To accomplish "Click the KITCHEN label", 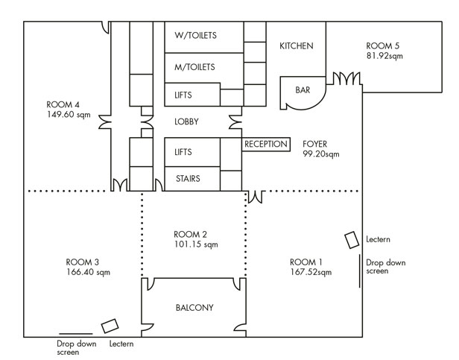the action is pos(297,46).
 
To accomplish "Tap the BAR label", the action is pos(303,90).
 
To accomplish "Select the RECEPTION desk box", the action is pos(266,145).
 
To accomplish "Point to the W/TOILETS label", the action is pos(195,36).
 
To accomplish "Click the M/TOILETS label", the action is pos(194,67).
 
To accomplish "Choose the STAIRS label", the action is pos(188,179).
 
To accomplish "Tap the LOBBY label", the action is pos(186,121).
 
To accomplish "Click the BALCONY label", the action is pos(194,308).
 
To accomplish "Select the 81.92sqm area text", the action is pos(384,56).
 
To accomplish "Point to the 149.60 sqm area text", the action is pos(69,115).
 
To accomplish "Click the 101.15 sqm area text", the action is pos(196,244).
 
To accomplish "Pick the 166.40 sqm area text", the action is pos(89,272).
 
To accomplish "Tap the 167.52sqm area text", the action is pos(311,272).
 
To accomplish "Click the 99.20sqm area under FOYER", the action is pos(321,154).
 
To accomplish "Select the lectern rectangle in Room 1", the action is pos(352,240).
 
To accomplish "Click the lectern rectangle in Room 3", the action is pos(110,326).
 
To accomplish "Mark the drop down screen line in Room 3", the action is pos(76,334).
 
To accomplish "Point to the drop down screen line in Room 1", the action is pos(360,271).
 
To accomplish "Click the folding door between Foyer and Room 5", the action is pos(346,78).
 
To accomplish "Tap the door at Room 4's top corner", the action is pos(106,28).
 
